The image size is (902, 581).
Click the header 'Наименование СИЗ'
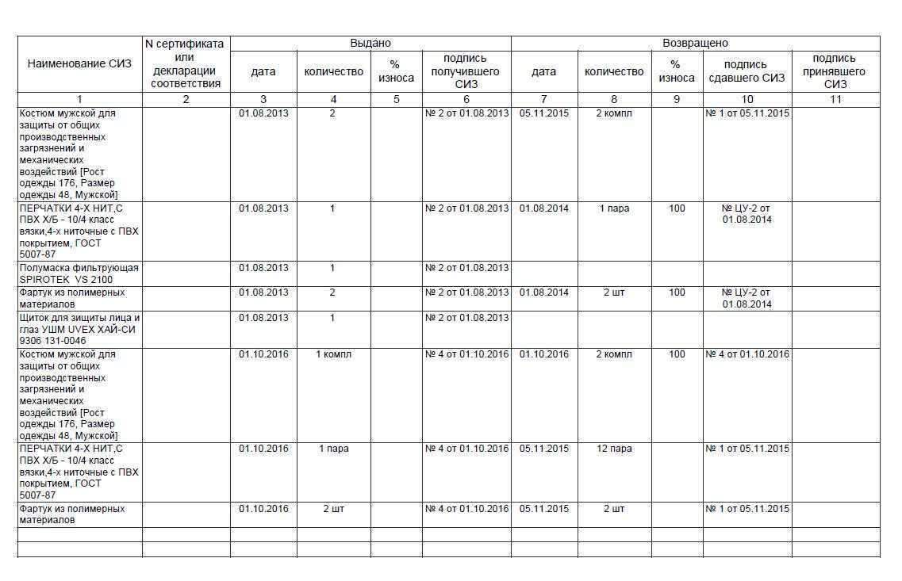pos(79,64)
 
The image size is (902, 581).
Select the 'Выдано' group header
pos(370,44)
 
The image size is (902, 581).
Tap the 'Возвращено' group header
pos(695,44)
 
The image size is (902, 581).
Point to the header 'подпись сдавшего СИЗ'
pos(746,71)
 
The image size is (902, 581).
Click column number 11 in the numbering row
pos(835,100)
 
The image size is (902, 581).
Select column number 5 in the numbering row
pos(396,100)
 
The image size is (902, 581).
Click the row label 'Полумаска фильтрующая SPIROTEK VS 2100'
pos(79,273)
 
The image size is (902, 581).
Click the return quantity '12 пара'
pos(614,449)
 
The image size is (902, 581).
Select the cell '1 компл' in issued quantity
pos(333,354)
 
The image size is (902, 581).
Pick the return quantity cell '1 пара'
pos(614,208)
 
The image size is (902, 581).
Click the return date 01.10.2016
pos(543,354)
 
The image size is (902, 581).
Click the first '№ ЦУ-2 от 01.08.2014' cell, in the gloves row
pos(747,214)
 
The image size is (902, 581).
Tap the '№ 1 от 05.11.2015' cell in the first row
pos(747,113)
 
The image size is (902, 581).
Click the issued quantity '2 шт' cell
pos(333,509)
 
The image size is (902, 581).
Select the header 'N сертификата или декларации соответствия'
pos(186,64)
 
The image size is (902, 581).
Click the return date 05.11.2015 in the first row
pos(543,113)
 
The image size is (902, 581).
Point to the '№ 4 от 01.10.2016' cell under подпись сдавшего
pos(747,354)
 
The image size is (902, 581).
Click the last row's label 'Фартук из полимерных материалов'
pos(71,514)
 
